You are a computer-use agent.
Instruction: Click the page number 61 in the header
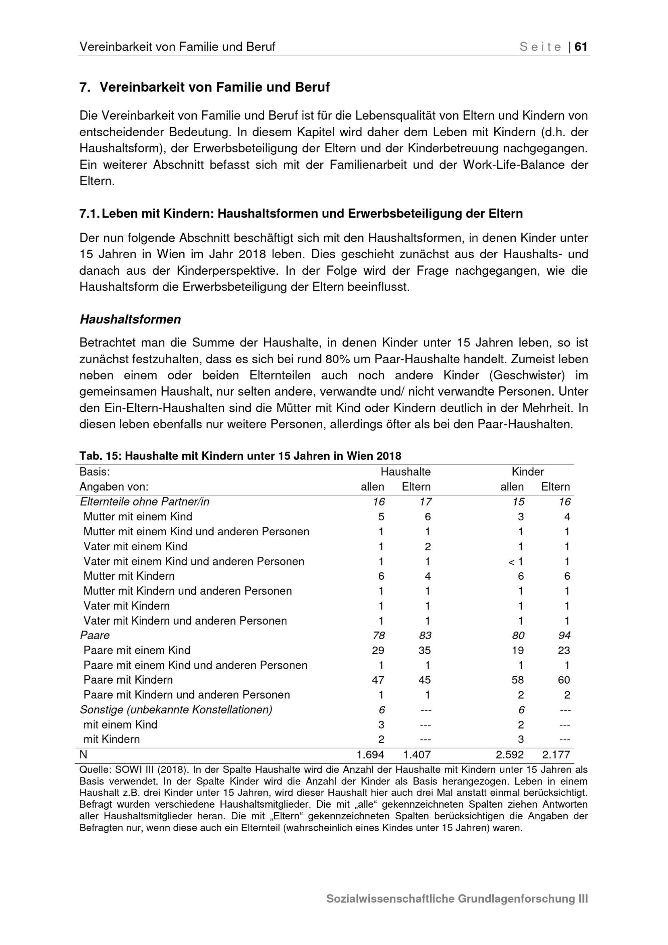581,47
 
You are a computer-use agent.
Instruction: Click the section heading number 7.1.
89,214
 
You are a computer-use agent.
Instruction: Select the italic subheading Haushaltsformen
130,319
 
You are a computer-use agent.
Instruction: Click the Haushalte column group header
405,472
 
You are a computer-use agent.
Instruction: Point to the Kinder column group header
527,472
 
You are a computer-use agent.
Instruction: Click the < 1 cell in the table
516,561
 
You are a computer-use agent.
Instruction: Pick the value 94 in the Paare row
564,636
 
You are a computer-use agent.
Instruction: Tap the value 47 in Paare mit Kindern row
378,680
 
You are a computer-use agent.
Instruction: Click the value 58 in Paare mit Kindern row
517,680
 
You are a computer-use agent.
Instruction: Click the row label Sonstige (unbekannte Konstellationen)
176,709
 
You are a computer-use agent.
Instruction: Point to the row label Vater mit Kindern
126,606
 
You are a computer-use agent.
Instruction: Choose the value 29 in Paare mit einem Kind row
378,650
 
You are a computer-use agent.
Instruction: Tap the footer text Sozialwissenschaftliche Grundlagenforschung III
457,899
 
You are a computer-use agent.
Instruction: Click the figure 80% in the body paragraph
336,359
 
